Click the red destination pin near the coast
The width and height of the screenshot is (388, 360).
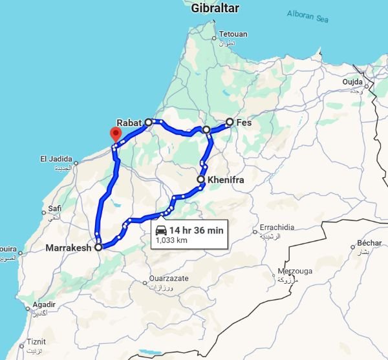116,134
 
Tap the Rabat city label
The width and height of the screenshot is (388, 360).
129,122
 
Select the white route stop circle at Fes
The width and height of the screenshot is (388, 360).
230,122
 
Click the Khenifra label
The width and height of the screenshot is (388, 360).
226,180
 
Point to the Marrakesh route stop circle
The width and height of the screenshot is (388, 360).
98,247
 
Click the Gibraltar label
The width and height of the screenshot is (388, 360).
215,8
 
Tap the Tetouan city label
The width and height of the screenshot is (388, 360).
232,34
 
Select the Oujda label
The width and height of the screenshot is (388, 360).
352,82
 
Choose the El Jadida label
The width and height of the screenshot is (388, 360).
54,158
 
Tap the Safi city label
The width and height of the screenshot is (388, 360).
55,209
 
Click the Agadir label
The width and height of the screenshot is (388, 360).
45,304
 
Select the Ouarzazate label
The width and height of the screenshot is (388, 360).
168,277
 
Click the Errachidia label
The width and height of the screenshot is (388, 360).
277,228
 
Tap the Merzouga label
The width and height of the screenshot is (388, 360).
281,271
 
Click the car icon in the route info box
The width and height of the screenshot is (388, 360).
161,231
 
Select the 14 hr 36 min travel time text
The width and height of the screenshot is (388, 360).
197,231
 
